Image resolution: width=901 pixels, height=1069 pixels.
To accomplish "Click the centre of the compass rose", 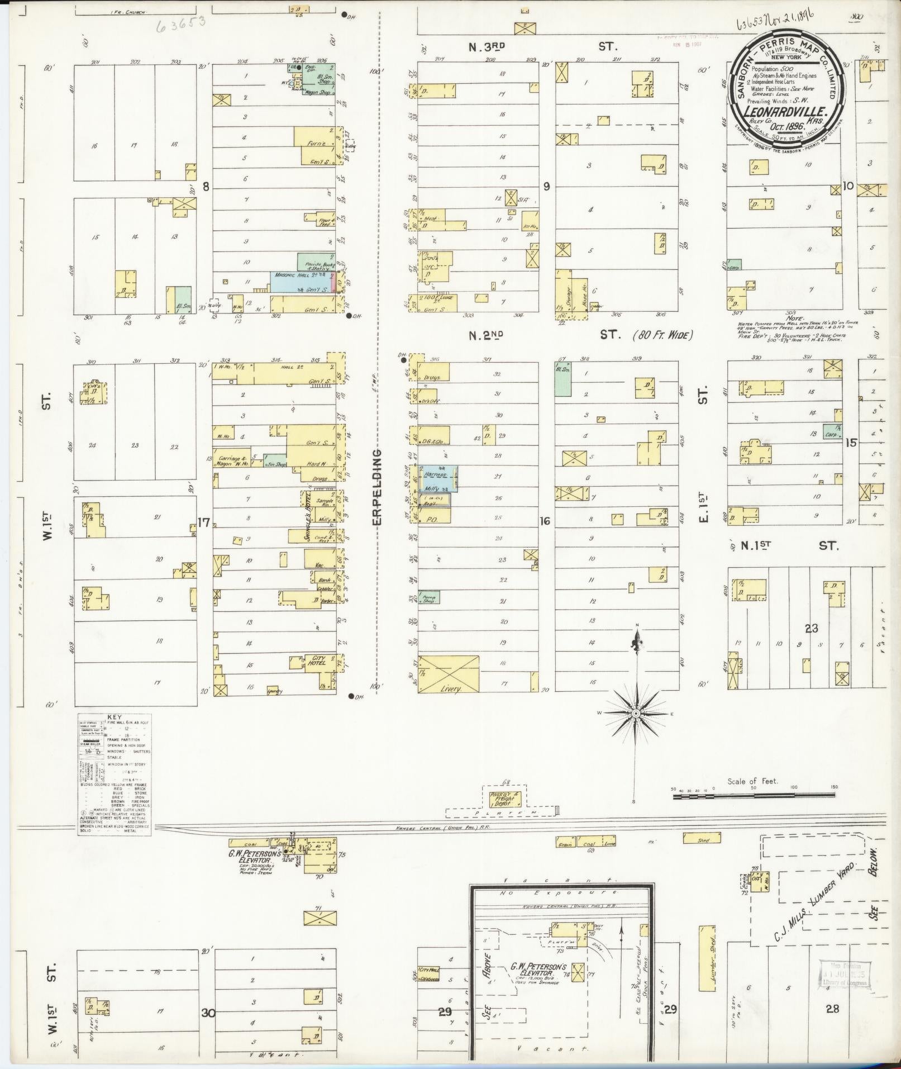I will (x=636, y=714).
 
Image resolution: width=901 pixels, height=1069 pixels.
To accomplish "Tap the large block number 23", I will (x=811, y=628).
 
